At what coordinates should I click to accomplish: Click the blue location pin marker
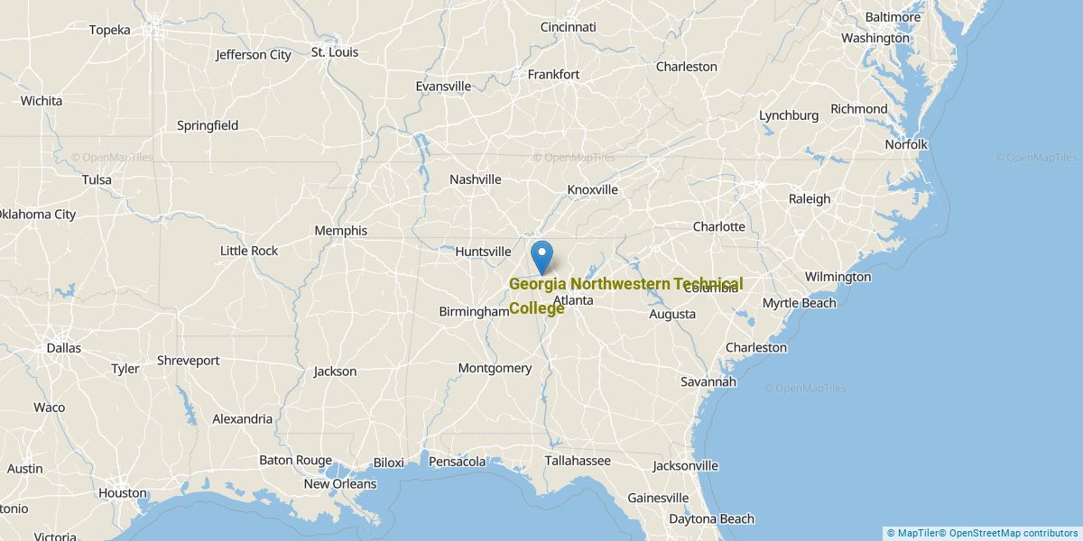point(541,255)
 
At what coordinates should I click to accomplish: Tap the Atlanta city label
point(573,300)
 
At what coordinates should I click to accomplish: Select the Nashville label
point(476,179)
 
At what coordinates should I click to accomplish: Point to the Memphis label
point(340,231)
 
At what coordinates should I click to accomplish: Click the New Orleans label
point(340,484)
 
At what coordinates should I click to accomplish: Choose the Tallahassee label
point(578,461)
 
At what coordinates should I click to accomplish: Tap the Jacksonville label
point(686,466)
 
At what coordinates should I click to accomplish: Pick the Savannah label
point(708,382)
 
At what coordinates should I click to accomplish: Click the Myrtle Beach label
point(800,303)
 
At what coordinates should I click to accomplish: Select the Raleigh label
point(810,199)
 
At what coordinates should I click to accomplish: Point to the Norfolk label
point(906,144)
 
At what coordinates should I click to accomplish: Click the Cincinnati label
point(569,27)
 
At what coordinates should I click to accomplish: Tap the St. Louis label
point(335,52)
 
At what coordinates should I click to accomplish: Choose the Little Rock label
point(249,251)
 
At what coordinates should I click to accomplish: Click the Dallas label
point(63,348)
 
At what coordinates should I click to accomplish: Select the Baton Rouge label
point(296,461)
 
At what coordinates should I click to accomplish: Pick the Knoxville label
point(593,190)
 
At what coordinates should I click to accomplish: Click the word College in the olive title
point(537,308)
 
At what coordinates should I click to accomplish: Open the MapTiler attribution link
point(913,533)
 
